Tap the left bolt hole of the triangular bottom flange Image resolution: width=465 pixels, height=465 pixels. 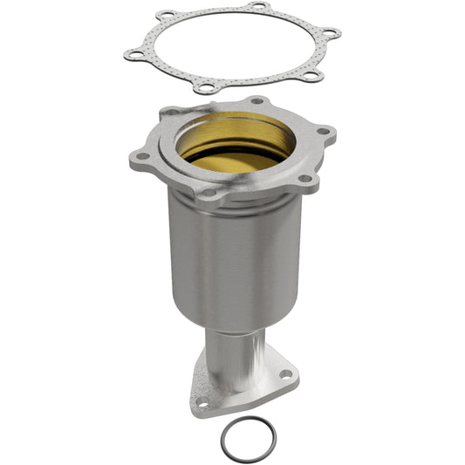(201, 403)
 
